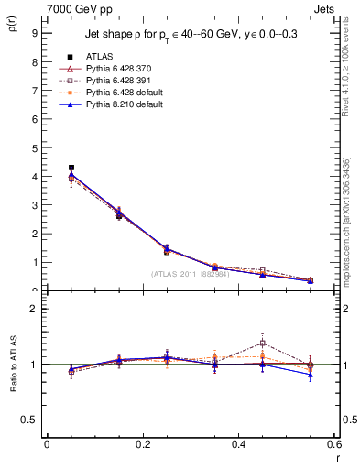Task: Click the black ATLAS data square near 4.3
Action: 71,168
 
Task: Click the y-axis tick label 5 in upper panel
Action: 34,147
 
